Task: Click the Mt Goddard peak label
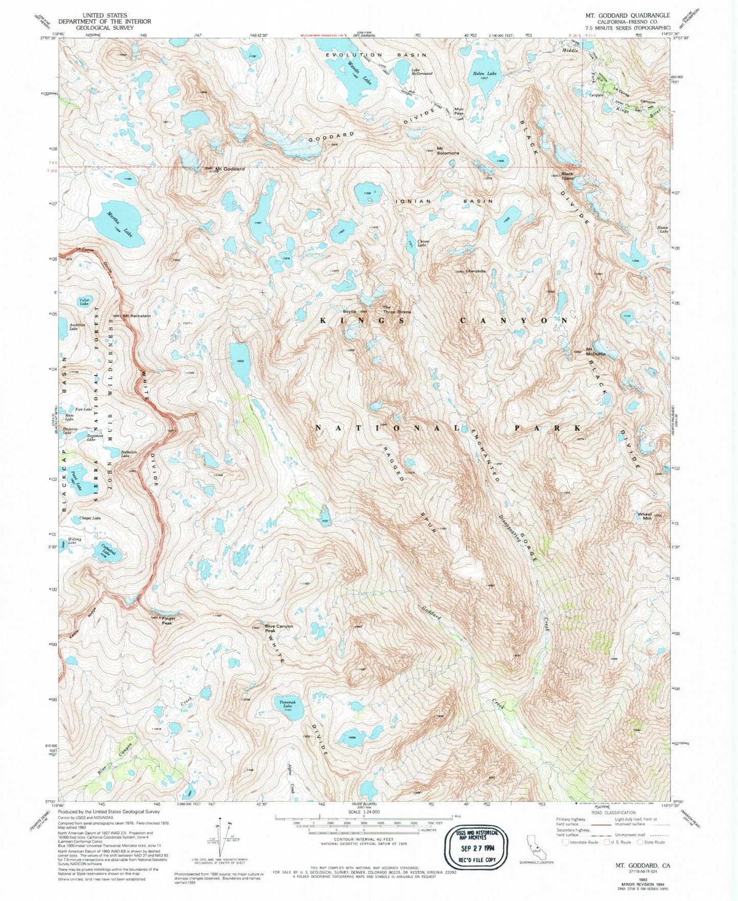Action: [229, 169]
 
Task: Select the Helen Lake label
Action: [484, 74]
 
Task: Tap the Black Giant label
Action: [567, 176]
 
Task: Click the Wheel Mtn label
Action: [645, 516]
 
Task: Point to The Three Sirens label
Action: [397, 309]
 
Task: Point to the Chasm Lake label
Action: [422, 243]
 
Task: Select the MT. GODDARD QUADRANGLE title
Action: [628, 15]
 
